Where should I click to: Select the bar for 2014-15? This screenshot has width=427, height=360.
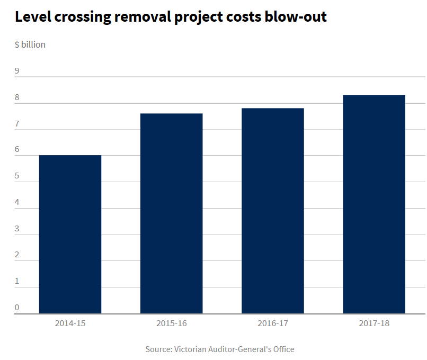coord(70,234)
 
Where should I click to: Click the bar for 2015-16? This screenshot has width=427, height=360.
coord(171,213)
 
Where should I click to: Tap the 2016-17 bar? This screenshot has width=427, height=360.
coord(272,211)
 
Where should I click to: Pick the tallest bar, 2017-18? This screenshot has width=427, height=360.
coord(374,204)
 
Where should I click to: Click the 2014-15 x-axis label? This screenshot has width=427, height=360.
coord(70,322)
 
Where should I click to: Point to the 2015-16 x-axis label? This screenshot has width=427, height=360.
coord(171,322)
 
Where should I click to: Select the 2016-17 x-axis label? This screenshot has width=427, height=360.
coord(272,322)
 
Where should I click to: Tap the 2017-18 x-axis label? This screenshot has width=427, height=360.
coord(374,322)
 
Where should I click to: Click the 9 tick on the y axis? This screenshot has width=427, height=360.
coord(17,71)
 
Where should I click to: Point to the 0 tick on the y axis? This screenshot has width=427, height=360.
coord(17,307)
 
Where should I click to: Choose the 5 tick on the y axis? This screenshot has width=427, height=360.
coord(17,176)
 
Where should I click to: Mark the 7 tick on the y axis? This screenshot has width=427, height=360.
coord(17,124)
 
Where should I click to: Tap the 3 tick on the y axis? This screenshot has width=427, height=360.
coord(17,229)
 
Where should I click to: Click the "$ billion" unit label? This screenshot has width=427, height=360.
coord(30,44)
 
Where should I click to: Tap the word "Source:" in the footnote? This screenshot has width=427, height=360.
coord(158,349)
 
